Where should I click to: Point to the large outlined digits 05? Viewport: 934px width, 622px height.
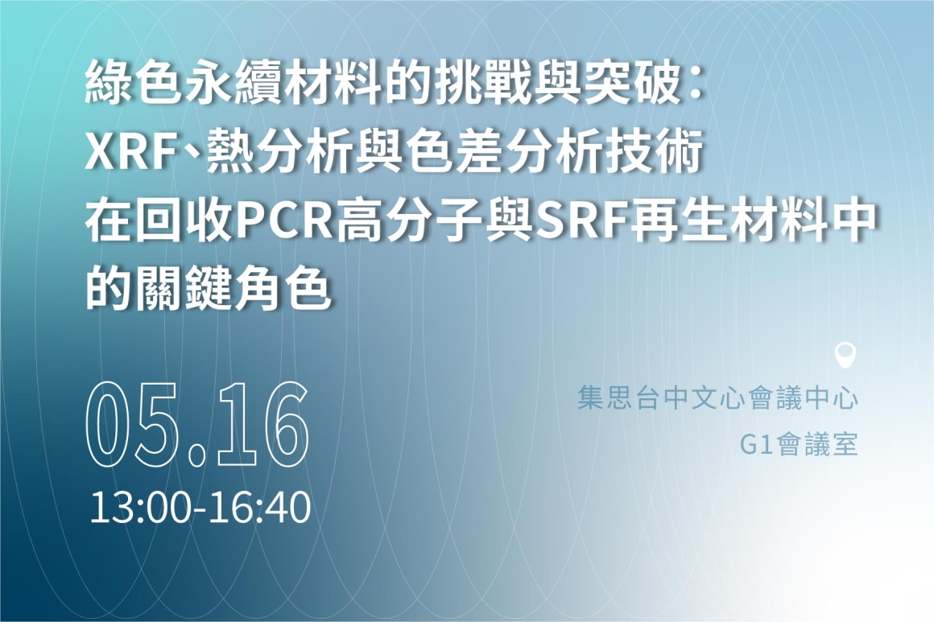coord(132,424)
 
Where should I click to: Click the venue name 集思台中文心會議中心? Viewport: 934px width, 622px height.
coord(717,398)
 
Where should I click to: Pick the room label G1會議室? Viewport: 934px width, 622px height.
coord(799,445)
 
